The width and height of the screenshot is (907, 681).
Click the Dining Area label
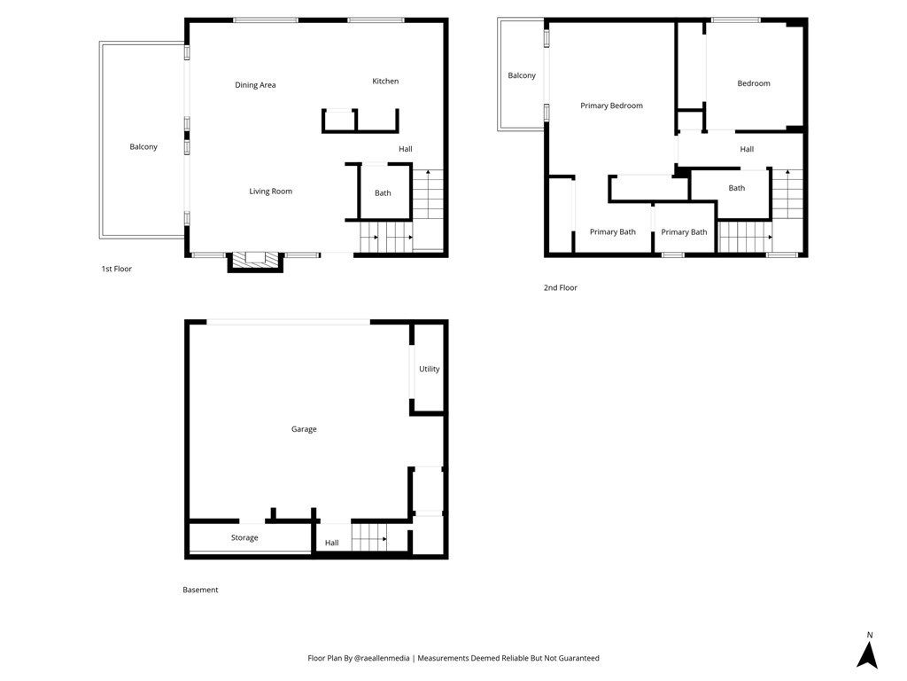tap(255, 85)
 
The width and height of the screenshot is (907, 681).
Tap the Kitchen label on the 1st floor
tap(385, 81)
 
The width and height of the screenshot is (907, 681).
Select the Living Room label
tap(271, 192)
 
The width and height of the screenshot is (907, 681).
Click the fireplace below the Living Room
tap(255, 262)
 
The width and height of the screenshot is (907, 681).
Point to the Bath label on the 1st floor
tap(383, 192)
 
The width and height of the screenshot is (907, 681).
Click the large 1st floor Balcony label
tap(143, 147)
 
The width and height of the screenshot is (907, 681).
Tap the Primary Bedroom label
tap(611, 106)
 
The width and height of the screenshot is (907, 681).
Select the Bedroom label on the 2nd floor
tap(754, 83)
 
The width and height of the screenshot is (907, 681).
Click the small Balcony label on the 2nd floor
tap(522, 75)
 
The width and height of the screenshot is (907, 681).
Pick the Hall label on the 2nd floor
tap(747, 149)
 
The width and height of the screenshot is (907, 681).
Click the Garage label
tap(304, 429)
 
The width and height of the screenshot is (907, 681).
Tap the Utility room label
tap(430, 369)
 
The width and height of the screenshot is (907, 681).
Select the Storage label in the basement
tap(244, 537)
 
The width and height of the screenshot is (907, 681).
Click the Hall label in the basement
tap(331, 543)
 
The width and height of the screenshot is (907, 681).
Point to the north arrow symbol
tap(868, 654)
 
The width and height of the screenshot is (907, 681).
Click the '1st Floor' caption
tap(116, 269)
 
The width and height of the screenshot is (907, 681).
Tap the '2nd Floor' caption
tap(560, 287)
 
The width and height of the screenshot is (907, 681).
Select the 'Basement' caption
tap(200, 590)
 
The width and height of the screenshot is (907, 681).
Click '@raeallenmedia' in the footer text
tap(382, 658)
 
